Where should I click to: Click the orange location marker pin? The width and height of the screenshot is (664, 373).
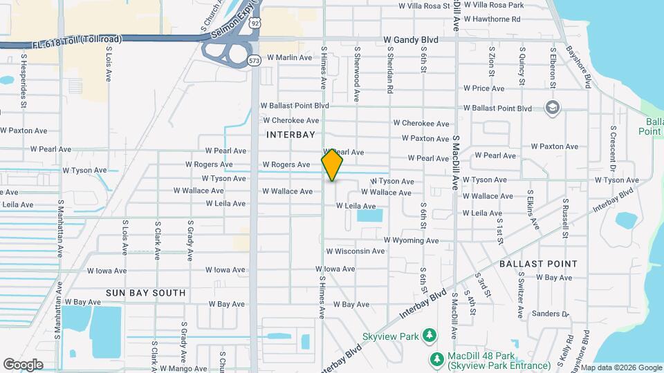coord(332,165)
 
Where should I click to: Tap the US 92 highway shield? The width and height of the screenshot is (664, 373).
coord(256,23)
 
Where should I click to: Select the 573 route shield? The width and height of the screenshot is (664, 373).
coord(255,60)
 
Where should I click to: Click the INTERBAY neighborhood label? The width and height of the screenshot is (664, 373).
coord(290,135)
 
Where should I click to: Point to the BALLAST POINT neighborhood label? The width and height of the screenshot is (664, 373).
coord(548,264)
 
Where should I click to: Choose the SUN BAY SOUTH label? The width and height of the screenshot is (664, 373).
coord(145,293)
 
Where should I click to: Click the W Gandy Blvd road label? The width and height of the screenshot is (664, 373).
coord(411,40)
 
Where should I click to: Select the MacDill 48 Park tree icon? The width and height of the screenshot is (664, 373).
coord(436,359)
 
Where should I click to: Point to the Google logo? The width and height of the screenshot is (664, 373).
coord(23,364)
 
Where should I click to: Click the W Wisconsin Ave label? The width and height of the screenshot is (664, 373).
coord(355,251)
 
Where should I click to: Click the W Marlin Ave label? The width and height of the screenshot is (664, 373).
coord(290,57)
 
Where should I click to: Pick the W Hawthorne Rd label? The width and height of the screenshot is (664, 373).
coord(492,19)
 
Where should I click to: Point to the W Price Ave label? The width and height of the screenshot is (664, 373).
coord(484,88)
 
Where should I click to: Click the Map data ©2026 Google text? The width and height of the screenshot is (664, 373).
coord(620,367)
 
